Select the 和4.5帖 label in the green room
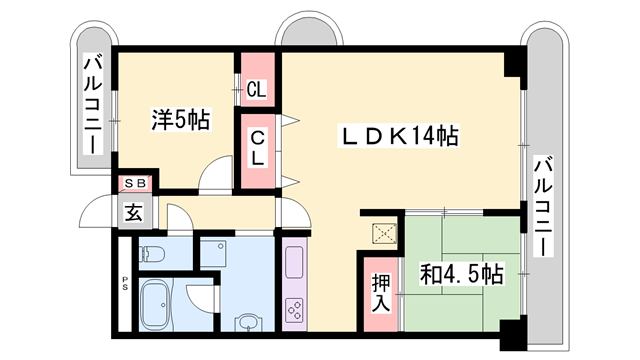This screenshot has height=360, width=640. click(461, 273)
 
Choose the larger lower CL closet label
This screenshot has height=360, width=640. click(257, 146)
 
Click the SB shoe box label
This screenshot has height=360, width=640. click(133, 184)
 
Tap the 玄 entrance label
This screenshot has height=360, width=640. click(133, 211)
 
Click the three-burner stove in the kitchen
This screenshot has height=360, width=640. click(297, 311)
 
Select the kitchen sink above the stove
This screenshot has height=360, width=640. click(297, 264)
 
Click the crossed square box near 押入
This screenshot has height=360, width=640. click(382, 234)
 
